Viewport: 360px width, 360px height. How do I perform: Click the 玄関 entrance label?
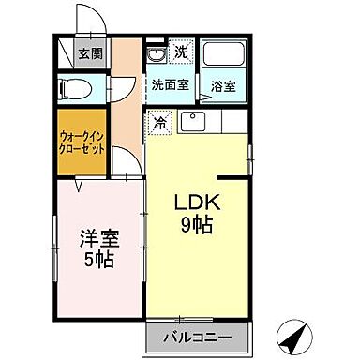click(x=90, y=53)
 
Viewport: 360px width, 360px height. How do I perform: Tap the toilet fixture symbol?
click(x=74, y=90)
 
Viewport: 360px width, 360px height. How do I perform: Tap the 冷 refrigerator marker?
click(x=158, y=122)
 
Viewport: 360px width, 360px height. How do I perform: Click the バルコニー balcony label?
click(x=199, y=337)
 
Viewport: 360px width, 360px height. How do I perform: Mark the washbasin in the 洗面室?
click(x=155, y=54)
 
